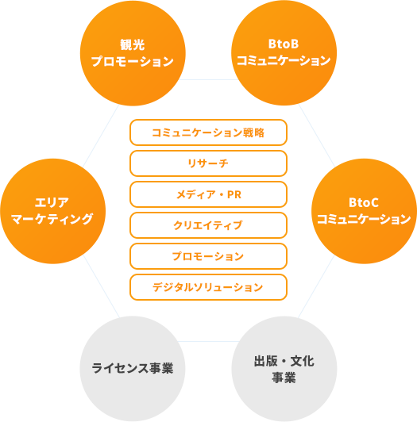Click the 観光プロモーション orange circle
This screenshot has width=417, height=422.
pyautogui.click(x=133, y=53)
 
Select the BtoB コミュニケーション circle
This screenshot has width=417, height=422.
pyautogui.click(x=284, y=52)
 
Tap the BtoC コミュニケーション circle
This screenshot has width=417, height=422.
pyautogui.click(x=364, y=211)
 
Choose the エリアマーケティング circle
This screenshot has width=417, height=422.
pyautogui.click(x=53, y=211)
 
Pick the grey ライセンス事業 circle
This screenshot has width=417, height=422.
pyautogui.click(x=133, y=369)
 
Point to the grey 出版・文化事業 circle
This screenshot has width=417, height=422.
pyautogui.click(x=284, y=369)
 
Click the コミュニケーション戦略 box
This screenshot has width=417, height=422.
pyautogui.click(x=208, y=132)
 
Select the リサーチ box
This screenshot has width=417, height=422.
pyautogui.click(x=208, y=163)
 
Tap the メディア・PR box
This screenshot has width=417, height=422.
pyautogui.click(x=208, y=194)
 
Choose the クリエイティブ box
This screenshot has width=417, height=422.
pyautogui.click(x=208, y=225)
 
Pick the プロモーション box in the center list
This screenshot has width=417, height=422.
pyautogui.click(x=208, y=256)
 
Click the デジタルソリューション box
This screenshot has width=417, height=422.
pyautogui.click(x=208, y=287)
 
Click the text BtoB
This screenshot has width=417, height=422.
pyautogui.click(x=284, y=44)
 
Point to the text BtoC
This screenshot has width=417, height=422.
pyautogui.click(x=364, y=202)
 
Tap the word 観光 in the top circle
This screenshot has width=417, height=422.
pyautogui.click(x=133, y=44)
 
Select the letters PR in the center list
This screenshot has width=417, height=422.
pyautogui.click(x=234, y=194)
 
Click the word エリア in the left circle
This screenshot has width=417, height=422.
pyautogui.click(x=52, y=202)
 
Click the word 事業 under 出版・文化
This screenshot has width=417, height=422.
pyautogui.click(x=284, y=378)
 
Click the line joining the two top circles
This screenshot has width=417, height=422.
pyautogui.click(x=208, y=79)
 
